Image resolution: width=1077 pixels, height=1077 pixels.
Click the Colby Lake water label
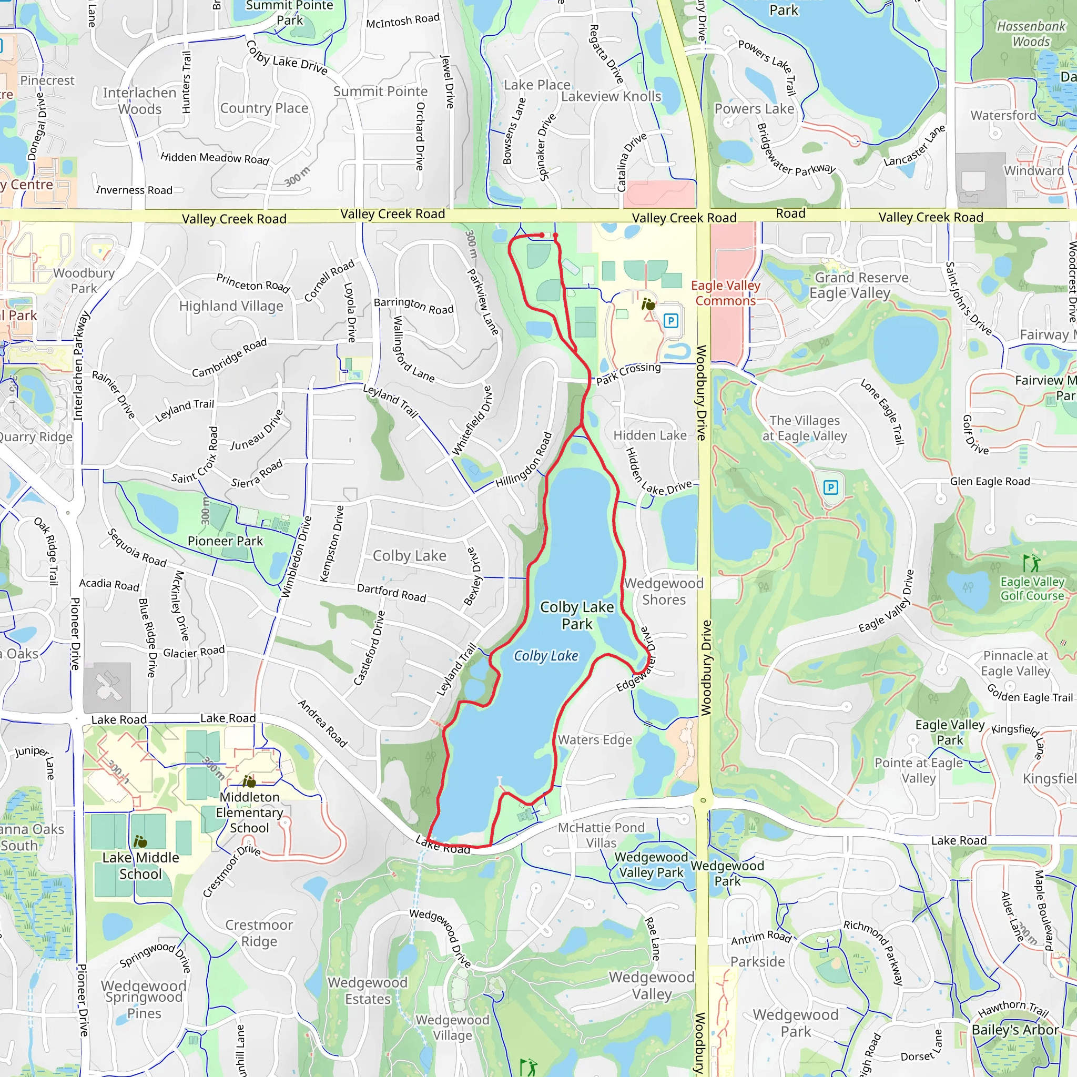click(x=546, y=656)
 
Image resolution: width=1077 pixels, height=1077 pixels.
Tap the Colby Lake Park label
click(x=577, y=615)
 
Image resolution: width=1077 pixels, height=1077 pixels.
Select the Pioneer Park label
click(x=225, y=541)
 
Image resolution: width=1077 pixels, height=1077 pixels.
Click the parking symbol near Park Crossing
click(x=671, y=321)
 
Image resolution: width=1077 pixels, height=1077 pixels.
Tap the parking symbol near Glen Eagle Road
click(x=830, y=488)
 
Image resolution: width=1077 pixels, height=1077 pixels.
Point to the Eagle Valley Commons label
click(x=726, y=293)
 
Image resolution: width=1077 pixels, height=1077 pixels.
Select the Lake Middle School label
click(x=140, y=865)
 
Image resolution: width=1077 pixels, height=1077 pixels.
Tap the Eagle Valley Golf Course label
click(x=1032, y=588)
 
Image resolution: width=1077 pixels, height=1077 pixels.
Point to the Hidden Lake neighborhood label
click(x=650, y=435)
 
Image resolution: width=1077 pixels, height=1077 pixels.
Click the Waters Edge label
click(x=595, y=740)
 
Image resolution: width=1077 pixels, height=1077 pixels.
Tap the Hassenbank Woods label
click(x=1031, y=34)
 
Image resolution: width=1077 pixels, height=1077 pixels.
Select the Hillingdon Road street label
click(x=524, y=460)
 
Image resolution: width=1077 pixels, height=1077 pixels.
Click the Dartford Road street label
click(x=391, y=593)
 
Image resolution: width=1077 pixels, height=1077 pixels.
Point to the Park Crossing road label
click(x=628, y=373)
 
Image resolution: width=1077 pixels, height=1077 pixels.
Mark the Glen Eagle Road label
click(x=990, y=482)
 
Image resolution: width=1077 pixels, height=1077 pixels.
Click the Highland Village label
click(x=231, y=306)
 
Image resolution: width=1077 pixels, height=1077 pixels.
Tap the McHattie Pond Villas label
click(x=601, y=835)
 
